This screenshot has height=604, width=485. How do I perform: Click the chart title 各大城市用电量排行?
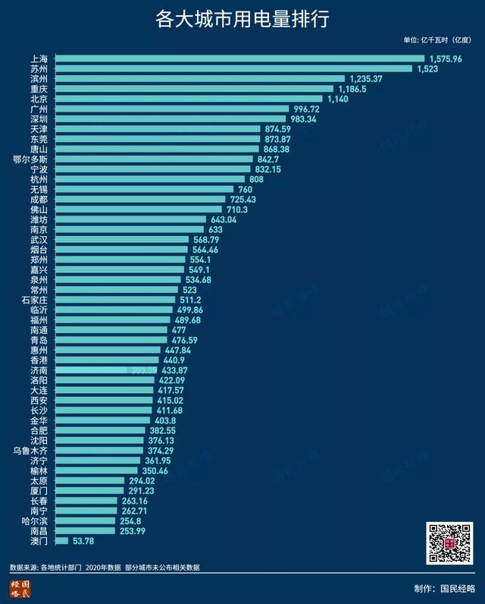[242, 19]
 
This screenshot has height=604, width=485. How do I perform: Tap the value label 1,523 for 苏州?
[429, 68]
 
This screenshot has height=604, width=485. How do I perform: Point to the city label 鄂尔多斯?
[31, 160]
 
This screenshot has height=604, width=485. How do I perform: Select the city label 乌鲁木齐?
[31, 450]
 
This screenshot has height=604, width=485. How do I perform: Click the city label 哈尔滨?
[36, 521]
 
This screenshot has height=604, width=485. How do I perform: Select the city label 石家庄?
[36, 300]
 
